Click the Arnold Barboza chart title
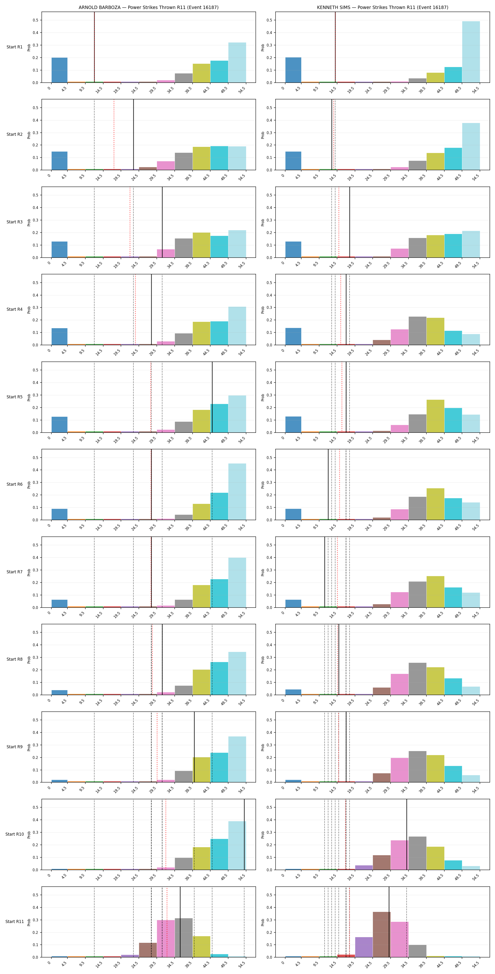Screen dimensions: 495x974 click(x=148, y=7)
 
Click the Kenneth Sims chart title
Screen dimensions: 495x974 click(x=383, y=7)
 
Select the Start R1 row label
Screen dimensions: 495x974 click(x=14, y=47)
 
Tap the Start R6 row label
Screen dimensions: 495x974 click(x=14, y=484)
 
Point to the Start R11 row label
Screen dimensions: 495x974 click(x=14, y=921)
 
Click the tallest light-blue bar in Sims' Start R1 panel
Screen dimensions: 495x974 click(x=471, y=52)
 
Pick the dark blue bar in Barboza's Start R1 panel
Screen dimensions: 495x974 click(x=59, y=70)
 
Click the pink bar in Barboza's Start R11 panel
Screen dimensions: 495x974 click(x=166, y=938)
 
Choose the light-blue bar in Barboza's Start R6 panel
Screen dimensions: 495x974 click(x=237, y=492)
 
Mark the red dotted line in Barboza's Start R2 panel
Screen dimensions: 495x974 click(x=114, y=135)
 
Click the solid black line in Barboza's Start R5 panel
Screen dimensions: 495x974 click(x=212, y=397)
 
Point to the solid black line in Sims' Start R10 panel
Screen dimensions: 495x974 click(x=407, y=834)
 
